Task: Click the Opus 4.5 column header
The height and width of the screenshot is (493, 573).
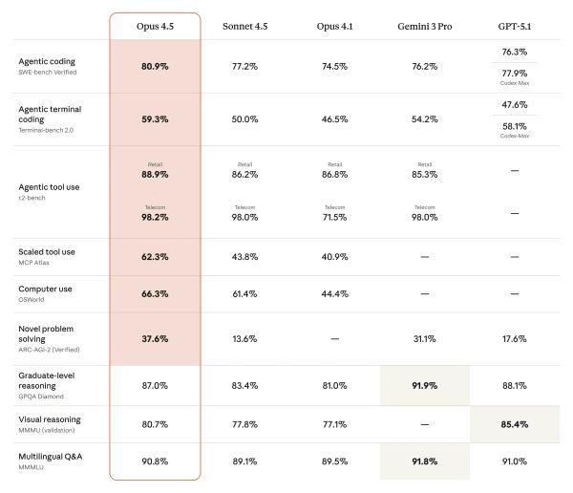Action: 155,26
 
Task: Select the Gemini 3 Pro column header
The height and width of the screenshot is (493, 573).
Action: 424,26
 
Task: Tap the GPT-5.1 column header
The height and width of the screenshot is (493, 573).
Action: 515,26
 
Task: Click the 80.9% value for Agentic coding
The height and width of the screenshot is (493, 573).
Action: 155,67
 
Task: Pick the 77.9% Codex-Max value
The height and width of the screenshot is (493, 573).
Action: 515,73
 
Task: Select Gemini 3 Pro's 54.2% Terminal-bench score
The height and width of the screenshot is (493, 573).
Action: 424,119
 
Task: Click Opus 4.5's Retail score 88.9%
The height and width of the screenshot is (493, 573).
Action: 155,175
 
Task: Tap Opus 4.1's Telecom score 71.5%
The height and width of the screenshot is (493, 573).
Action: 334,218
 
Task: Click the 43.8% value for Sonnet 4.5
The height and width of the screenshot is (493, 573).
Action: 244,257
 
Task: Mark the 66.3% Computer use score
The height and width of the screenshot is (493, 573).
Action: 155,294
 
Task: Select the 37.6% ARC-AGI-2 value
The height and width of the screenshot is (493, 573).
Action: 155,338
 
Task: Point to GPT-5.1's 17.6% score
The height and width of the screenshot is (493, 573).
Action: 515,338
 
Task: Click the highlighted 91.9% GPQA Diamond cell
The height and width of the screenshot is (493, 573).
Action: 424,386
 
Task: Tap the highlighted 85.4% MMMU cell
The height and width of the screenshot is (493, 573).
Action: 515,423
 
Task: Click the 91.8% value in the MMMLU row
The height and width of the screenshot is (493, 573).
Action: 424,461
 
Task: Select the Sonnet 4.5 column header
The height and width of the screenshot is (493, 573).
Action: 244,26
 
